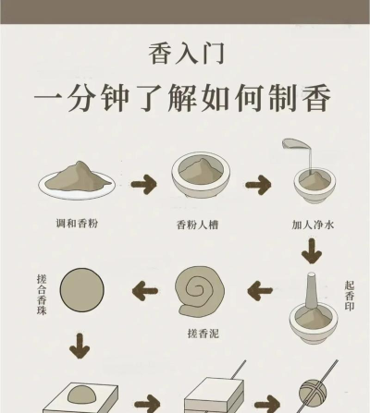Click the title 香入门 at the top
[x=185, y=54]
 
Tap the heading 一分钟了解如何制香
[x=185, y=99]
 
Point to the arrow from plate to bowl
[x=143, y=184]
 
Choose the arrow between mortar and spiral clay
[x=260, y=291]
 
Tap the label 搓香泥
[x=202, y=330]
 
